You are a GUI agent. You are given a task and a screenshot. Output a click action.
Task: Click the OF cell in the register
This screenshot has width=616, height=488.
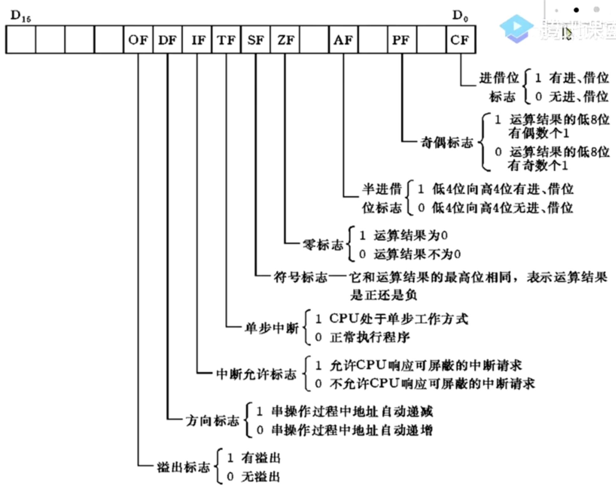(138, 40)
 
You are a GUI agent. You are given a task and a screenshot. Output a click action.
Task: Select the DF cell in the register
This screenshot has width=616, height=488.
(167, 40)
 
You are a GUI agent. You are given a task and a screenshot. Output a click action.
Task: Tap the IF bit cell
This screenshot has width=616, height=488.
(197, 40)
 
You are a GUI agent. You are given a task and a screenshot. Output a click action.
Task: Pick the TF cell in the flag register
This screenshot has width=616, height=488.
(226, 40)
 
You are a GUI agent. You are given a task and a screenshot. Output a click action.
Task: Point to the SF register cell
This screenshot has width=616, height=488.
(256, 40)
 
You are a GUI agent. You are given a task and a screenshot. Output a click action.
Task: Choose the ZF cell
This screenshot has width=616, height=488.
(285, 40)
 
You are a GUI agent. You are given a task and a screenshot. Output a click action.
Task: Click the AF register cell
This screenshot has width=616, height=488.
(343, 40)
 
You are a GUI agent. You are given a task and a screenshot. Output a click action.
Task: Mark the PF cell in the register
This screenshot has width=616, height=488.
(402, 40)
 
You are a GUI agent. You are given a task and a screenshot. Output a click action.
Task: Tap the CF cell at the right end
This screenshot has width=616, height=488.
(460, 40)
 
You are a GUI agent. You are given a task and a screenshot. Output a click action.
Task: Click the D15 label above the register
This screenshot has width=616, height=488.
(21, 16)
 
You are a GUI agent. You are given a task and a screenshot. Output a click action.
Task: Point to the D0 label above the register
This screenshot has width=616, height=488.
(460, 16)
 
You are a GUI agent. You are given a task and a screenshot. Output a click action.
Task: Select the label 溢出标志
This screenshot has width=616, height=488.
(183, 467)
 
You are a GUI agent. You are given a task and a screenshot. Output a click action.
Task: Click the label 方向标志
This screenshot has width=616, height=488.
(212, 421)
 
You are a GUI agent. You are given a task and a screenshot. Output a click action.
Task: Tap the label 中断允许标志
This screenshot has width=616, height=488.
(256, 374)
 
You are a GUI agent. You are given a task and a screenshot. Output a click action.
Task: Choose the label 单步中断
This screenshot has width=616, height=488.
(272, 328)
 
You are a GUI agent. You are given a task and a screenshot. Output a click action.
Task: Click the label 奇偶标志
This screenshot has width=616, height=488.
(447, 143)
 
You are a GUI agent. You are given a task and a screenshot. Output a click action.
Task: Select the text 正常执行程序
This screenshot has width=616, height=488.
(370, 337)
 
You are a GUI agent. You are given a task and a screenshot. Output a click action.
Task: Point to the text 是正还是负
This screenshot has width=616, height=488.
(383, 295)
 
